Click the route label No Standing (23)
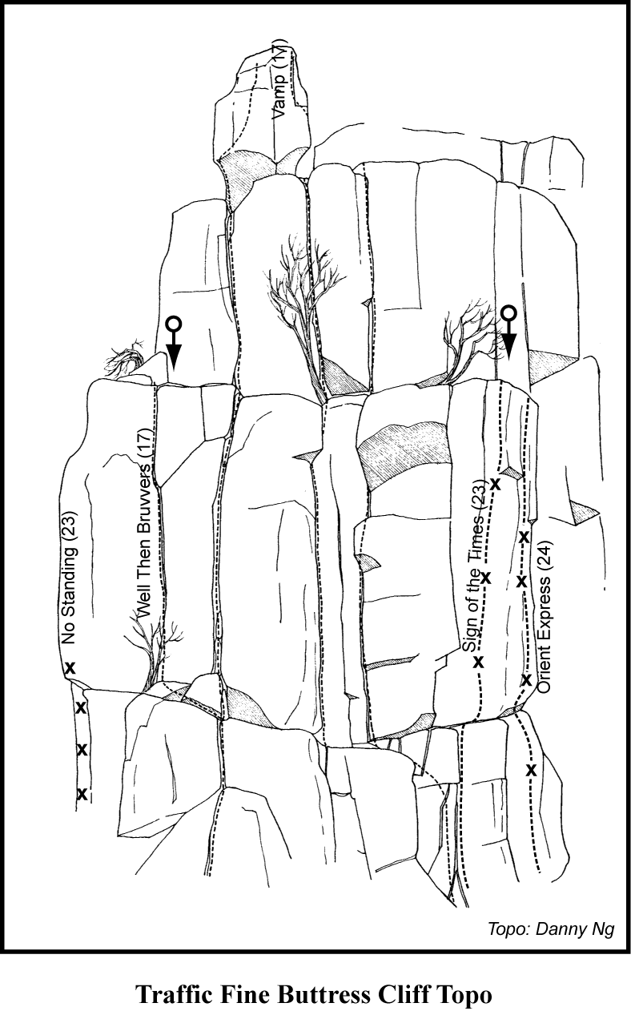[x=69, y=578]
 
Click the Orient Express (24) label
[x=545, y=617]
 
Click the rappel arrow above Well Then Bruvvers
[x=174, y=342]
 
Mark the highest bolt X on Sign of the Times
[x=495, y=485]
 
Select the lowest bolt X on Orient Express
[x=532, y=770]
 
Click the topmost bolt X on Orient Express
[x=523, y=537]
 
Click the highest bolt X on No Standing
[x=70, y=668]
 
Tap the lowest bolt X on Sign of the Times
[x=478, y=662]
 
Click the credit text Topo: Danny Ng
[x=551, y=927]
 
